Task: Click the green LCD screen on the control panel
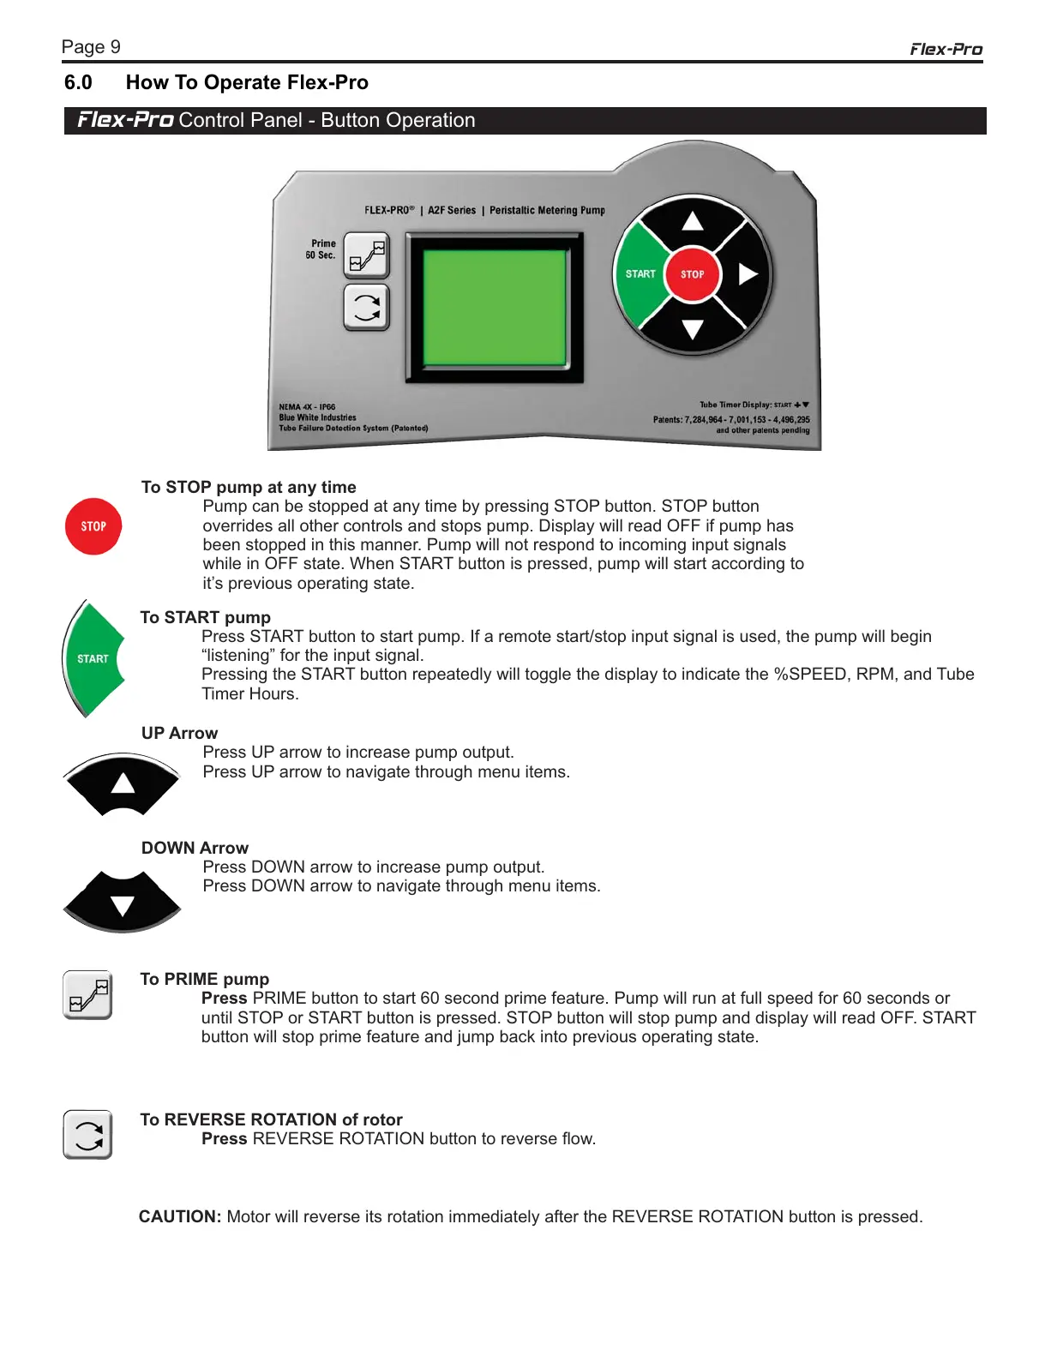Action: pyautogui.click(x=495, y=307)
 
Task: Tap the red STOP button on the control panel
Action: pyautogui.click(x=693, y=274)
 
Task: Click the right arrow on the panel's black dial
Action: pyautogui.click(x=748, y=274)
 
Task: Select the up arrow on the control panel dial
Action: pyautogui.click(x=693, y=221)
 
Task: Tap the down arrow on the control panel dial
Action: pyautogui.click(x=693, y=329)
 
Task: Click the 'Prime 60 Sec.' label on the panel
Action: pyautogui.click(x=321, y=249)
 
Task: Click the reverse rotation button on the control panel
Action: pyautogui.click(x=366, y=308)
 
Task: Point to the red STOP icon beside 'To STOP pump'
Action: pyautogui.click(x=93, y=526)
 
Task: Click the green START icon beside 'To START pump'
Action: pyautogui.click(x=93, y=658)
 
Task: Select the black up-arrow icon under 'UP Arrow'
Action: pyautogui.click(x=123, y=783)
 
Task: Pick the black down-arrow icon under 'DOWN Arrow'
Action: pyautogui.click(x=123, y=903)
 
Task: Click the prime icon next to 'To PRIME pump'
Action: pyautogui.click(x=87, y=995)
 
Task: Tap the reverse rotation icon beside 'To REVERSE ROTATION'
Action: pyautogui.click(x=87, y=1135)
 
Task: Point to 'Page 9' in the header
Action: pyautogui.click(x=91, y=47)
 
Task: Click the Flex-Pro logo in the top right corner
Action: pyautogui.click(x=946, y=50)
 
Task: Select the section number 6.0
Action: pyautogui.click(x=78, y=83)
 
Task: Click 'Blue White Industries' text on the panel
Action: pyautogui.click(x=317, y=418)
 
